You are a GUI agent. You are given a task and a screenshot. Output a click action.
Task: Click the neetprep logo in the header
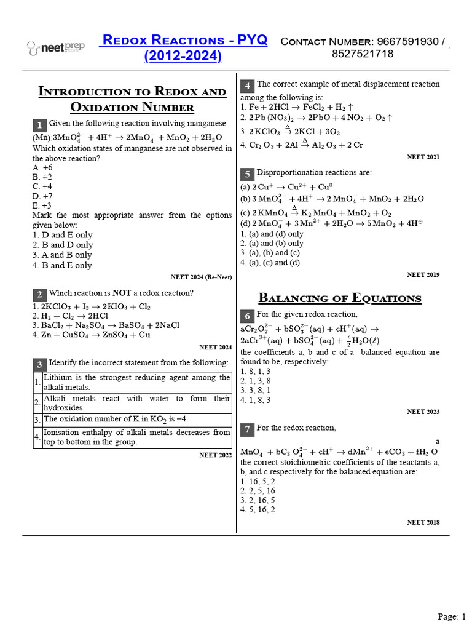coord(56,47)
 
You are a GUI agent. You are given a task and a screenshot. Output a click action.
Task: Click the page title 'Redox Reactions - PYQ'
coord(184,41)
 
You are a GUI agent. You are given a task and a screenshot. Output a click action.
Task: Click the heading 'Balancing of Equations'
coord(340,298)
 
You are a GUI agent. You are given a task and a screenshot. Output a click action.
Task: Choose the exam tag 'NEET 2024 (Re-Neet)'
coord(201,277)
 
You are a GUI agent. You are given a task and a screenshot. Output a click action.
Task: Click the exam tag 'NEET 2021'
coord(423,157)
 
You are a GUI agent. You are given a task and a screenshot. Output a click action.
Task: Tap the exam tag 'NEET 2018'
coord(423,522)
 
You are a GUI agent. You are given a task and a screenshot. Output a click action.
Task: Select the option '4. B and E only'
coord(62,265)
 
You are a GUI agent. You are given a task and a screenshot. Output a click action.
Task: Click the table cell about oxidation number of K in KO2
coord(116,419)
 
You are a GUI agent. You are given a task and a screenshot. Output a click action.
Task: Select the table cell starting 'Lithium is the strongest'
coord(137,382)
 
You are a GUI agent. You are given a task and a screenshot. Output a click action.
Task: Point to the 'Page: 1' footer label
coord(452,616)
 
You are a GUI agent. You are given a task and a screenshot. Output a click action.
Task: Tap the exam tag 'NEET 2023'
coord(423,412)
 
